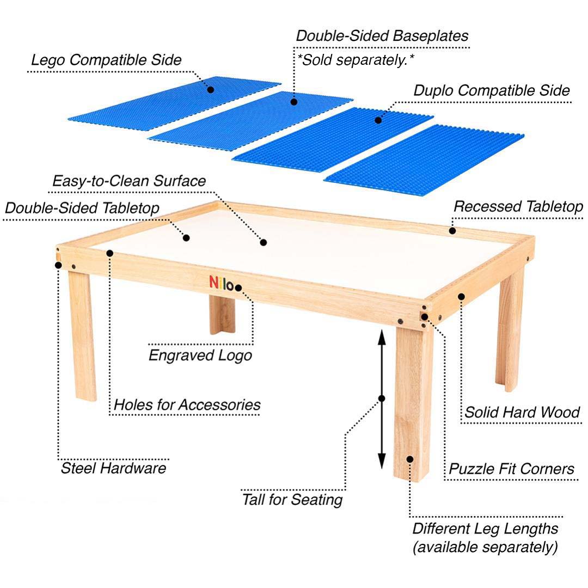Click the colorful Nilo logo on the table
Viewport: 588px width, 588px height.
tap(222, 283)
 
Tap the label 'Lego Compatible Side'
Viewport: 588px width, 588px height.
tap(105, 60)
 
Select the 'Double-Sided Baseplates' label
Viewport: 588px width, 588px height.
tap(382, 36)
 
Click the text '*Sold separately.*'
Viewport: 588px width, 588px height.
tap(355, 60)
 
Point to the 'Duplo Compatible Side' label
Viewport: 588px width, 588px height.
tap(492, 90)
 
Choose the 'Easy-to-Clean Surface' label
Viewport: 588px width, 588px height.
tap(129, 180)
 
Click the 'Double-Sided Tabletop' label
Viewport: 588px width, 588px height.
tap(82, 207)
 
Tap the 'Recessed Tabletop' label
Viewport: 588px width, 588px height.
tap(518, 206)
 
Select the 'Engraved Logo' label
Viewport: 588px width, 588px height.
tap(200, 356)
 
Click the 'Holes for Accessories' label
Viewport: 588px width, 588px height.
tap(187, 405)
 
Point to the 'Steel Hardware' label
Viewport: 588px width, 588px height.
tap(113, 468)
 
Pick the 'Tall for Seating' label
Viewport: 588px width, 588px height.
tap(292, 499)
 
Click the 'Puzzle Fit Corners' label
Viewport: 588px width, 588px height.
tap(511, 468)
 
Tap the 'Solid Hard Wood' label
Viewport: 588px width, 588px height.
tap(522, 412)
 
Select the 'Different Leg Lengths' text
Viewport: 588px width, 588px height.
tap(485, 528)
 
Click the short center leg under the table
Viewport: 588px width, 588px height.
tap(222, 315)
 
